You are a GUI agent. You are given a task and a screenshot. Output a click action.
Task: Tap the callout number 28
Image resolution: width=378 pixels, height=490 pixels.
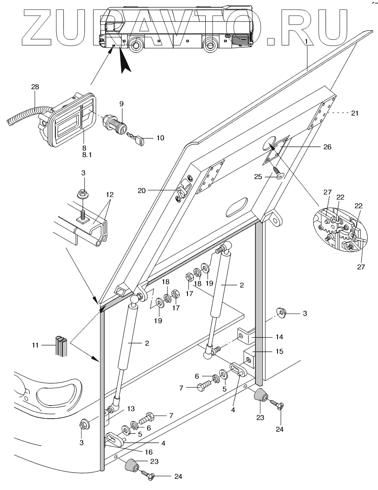pyautogui.click(x=35, y=86)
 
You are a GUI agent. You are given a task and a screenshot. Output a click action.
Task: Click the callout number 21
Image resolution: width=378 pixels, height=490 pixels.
pyautogui.click(x=355, y=113)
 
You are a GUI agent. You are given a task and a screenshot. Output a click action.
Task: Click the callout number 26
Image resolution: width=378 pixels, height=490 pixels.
pyautogui.click(x=327, y=147)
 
